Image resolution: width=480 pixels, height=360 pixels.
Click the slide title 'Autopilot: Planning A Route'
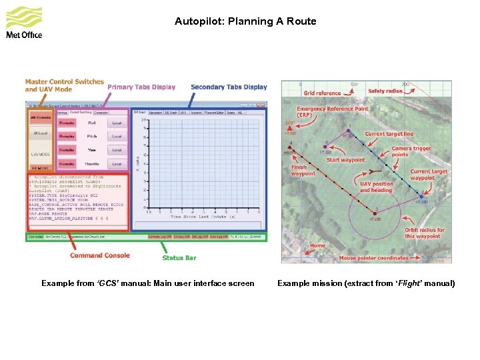click(x=245, y=21)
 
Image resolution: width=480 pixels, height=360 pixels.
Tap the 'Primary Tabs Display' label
click(x=141, y=87)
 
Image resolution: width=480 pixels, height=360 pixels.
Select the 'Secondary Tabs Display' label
click(x=229, y=87)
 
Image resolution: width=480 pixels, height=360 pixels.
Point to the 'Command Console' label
click(x=100, y=255)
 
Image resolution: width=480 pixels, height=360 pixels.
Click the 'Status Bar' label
click(x=179, y=258)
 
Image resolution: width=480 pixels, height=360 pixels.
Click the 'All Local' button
click(x=41, y=133)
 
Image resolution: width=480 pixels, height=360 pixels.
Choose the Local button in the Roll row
click(x=117, y=123)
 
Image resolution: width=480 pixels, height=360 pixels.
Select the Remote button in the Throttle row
click(x=67, y=163)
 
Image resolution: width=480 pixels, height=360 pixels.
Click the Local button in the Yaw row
click(x=117, y=150)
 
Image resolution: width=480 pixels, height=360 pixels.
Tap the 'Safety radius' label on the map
click(x=385, y=91)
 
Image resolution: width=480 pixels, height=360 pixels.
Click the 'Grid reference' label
click(x=322, y=93)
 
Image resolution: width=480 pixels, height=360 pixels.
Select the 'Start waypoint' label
click(x=346, y=160)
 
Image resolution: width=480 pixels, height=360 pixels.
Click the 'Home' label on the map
click(x=317, y=245)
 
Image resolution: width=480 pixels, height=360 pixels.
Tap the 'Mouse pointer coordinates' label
click(x=374, y=258)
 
